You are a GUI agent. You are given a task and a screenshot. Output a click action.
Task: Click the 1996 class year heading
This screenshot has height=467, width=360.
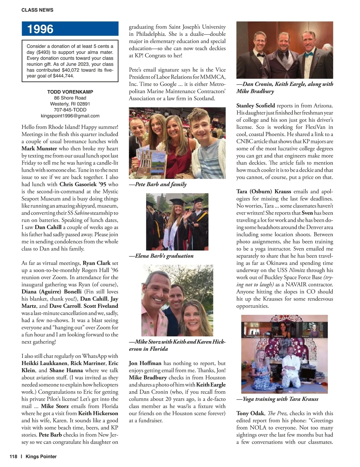pyautogui.click(x=40, y=29)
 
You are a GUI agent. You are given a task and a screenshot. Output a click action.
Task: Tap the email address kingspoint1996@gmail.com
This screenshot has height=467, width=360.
pyautogui.click(x=70, y=116)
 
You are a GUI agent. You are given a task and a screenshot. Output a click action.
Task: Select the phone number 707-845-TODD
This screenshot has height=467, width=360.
pyautogui.click(x=70, y=110)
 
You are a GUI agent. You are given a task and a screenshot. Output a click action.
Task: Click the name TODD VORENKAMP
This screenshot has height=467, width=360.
pyautogui.click(x=70, y=92)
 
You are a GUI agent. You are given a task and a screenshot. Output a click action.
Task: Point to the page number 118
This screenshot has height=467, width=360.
pyautogui.click(x=13, y=457)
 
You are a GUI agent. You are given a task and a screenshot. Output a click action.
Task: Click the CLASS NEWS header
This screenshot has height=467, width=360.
pyautogui.click(x=37, y=10)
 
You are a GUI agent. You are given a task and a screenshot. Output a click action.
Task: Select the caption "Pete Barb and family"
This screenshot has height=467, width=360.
pyautogui.click(x=158, y=184)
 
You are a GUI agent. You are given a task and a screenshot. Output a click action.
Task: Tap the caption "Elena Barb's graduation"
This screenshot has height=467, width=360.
pyautogui.click(x=161, y=256)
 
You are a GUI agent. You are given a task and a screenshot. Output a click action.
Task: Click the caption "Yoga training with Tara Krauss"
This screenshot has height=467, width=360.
pyautogui.click(x=277, y=399)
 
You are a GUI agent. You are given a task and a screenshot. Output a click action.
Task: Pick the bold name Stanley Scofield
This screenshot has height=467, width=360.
pyautogui.click(x=256, y=106)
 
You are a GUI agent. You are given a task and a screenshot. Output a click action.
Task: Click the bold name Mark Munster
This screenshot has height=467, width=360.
pyautogui.click(x=39, y=148)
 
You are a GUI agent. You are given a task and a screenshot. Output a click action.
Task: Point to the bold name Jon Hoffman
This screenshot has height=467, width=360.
pyautogui.click(x=145, y=363)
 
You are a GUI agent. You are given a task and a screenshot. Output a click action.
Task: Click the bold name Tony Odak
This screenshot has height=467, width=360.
pyautogui.click(x=250, y=413)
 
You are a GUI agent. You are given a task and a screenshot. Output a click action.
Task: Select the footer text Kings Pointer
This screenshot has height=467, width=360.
pyautogui.click(x=41, y=457)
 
